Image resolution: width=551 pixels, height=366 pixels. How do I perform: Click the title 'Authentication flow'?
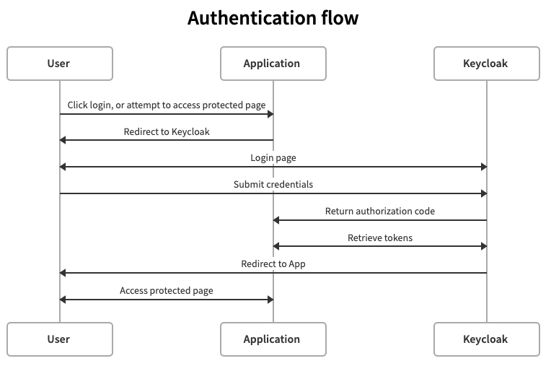point(273,18)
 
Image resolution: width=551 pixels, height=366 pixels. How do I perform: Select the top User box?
point(59,64)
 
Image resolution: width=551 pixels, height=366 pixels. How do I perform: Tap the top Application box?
point(273,64)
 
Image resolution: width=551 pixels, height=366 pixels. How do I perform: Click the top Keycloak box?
point(486,64)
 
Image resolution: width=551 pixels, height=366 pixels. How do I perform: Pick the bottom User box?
point(59,339)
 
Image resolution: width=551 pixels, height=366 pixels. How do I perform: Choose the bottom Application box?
point(273,339)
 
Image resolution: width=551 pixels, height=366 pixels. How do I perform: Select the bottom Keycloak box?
point(486,339)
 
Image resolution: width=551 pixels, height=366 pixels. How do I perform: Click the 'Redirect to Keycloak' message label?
point(166,131)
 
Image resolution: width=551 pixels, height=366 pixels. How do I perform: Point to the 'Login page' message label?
point(273,158)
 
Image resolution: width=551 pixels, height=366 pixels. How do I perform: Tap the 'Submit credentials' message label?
point(273,185)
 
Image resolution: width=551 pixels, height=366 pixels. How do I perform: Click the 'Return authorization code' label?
point(379,212)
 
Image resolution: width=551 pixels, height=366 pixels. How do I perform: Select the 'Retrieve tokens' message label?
point(379,238)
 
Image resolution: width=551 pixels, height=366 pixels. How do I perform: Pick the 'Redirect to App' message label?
point(273,264)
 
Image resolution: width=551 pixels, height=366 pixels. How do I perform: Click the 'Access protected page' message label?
point(166,291)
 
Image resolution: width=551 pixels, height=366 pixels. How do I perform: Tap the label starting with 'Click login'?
point(166,105)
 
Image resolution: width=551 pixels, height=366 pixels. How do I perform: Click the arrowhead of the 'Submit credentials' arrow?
point(483,193)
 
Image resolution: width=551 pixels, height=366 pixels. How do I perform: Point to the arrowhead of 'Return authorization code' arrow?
point(277,220)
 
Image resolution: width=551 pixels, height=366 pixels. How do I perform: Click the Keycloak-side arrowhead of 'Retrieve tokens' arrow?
point(483,246)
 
